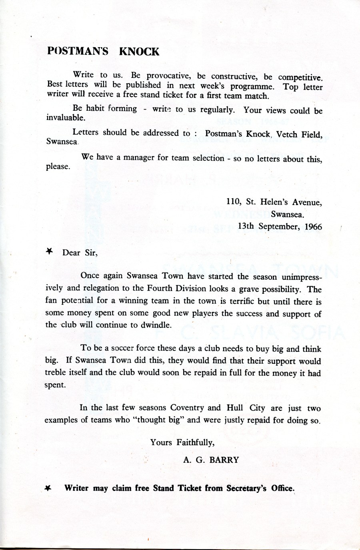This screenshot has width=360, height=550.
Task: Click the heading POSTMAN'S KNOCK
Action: pyautogui.click(x=103, y=52)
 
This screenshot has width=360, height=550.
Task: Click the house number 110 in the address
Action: pyautogui.click(x=233, y=202)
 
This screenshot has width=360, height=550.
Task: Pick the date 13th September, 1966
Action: pyautogui.click(x=280, y=226)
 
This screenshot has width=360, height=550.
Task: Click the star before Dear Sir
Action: pyautogui.click(x=50, y=251)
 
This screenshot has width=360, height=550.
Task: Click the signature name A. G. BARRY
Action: pyautogui.click(x=211, y=460)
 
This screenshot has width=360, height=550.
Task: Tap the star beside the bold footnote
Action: pyautogui.click(x=48, y=488)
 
